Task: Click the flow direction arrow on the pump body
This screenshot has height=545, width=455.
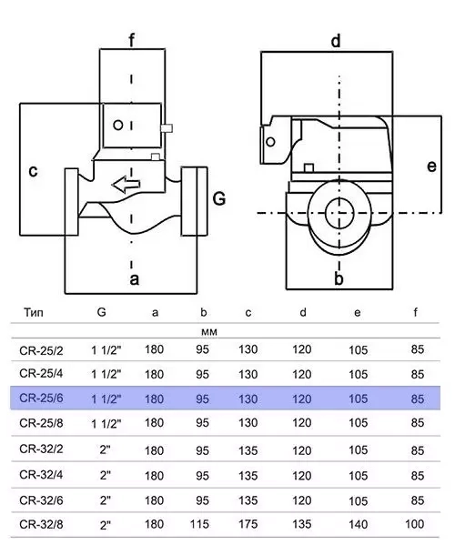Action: pos(126,185)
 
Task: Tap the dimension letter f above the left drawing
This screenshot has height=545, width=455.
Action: pos(131,40)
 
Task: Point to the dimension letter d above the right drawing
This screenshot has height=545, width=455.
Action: pos(336,41)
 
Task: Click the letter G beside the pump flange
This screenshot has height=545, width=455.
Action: pos(219,199)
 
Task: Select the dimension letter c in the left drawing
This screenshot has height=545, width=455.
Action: pos(33,171)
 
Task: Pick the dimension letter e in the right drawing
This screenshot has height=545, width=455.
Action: pos(431,167)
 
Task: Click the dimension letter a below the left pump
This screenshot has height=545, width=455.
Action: pos(135,279)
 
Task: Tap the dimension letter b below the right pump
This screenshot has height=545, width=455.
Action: pos(339,278)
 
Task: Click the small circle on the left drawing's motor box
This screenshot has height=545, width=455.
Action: pos(118,126)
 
